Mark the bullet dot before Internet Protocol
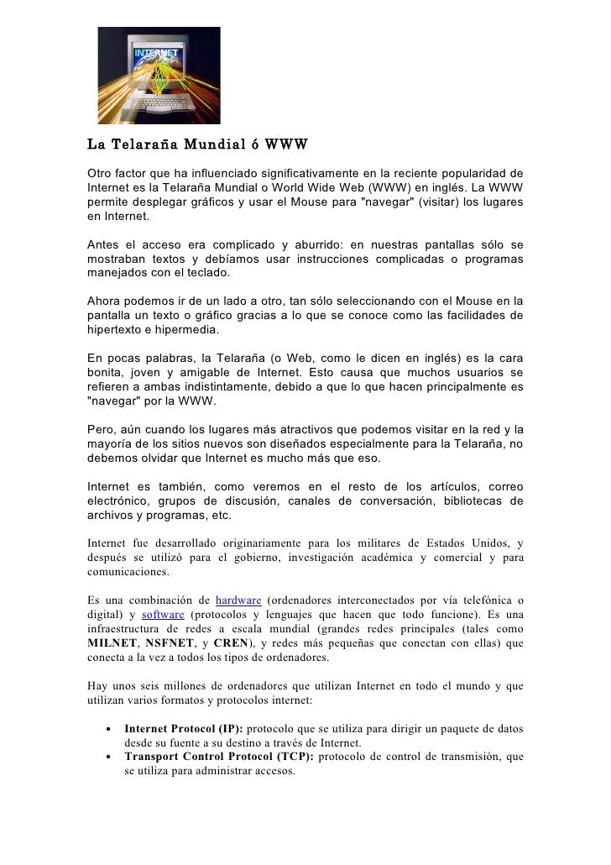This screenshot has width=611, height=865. point(109,729)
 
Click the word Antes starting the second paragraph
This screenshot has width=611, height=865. point(106,244)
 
